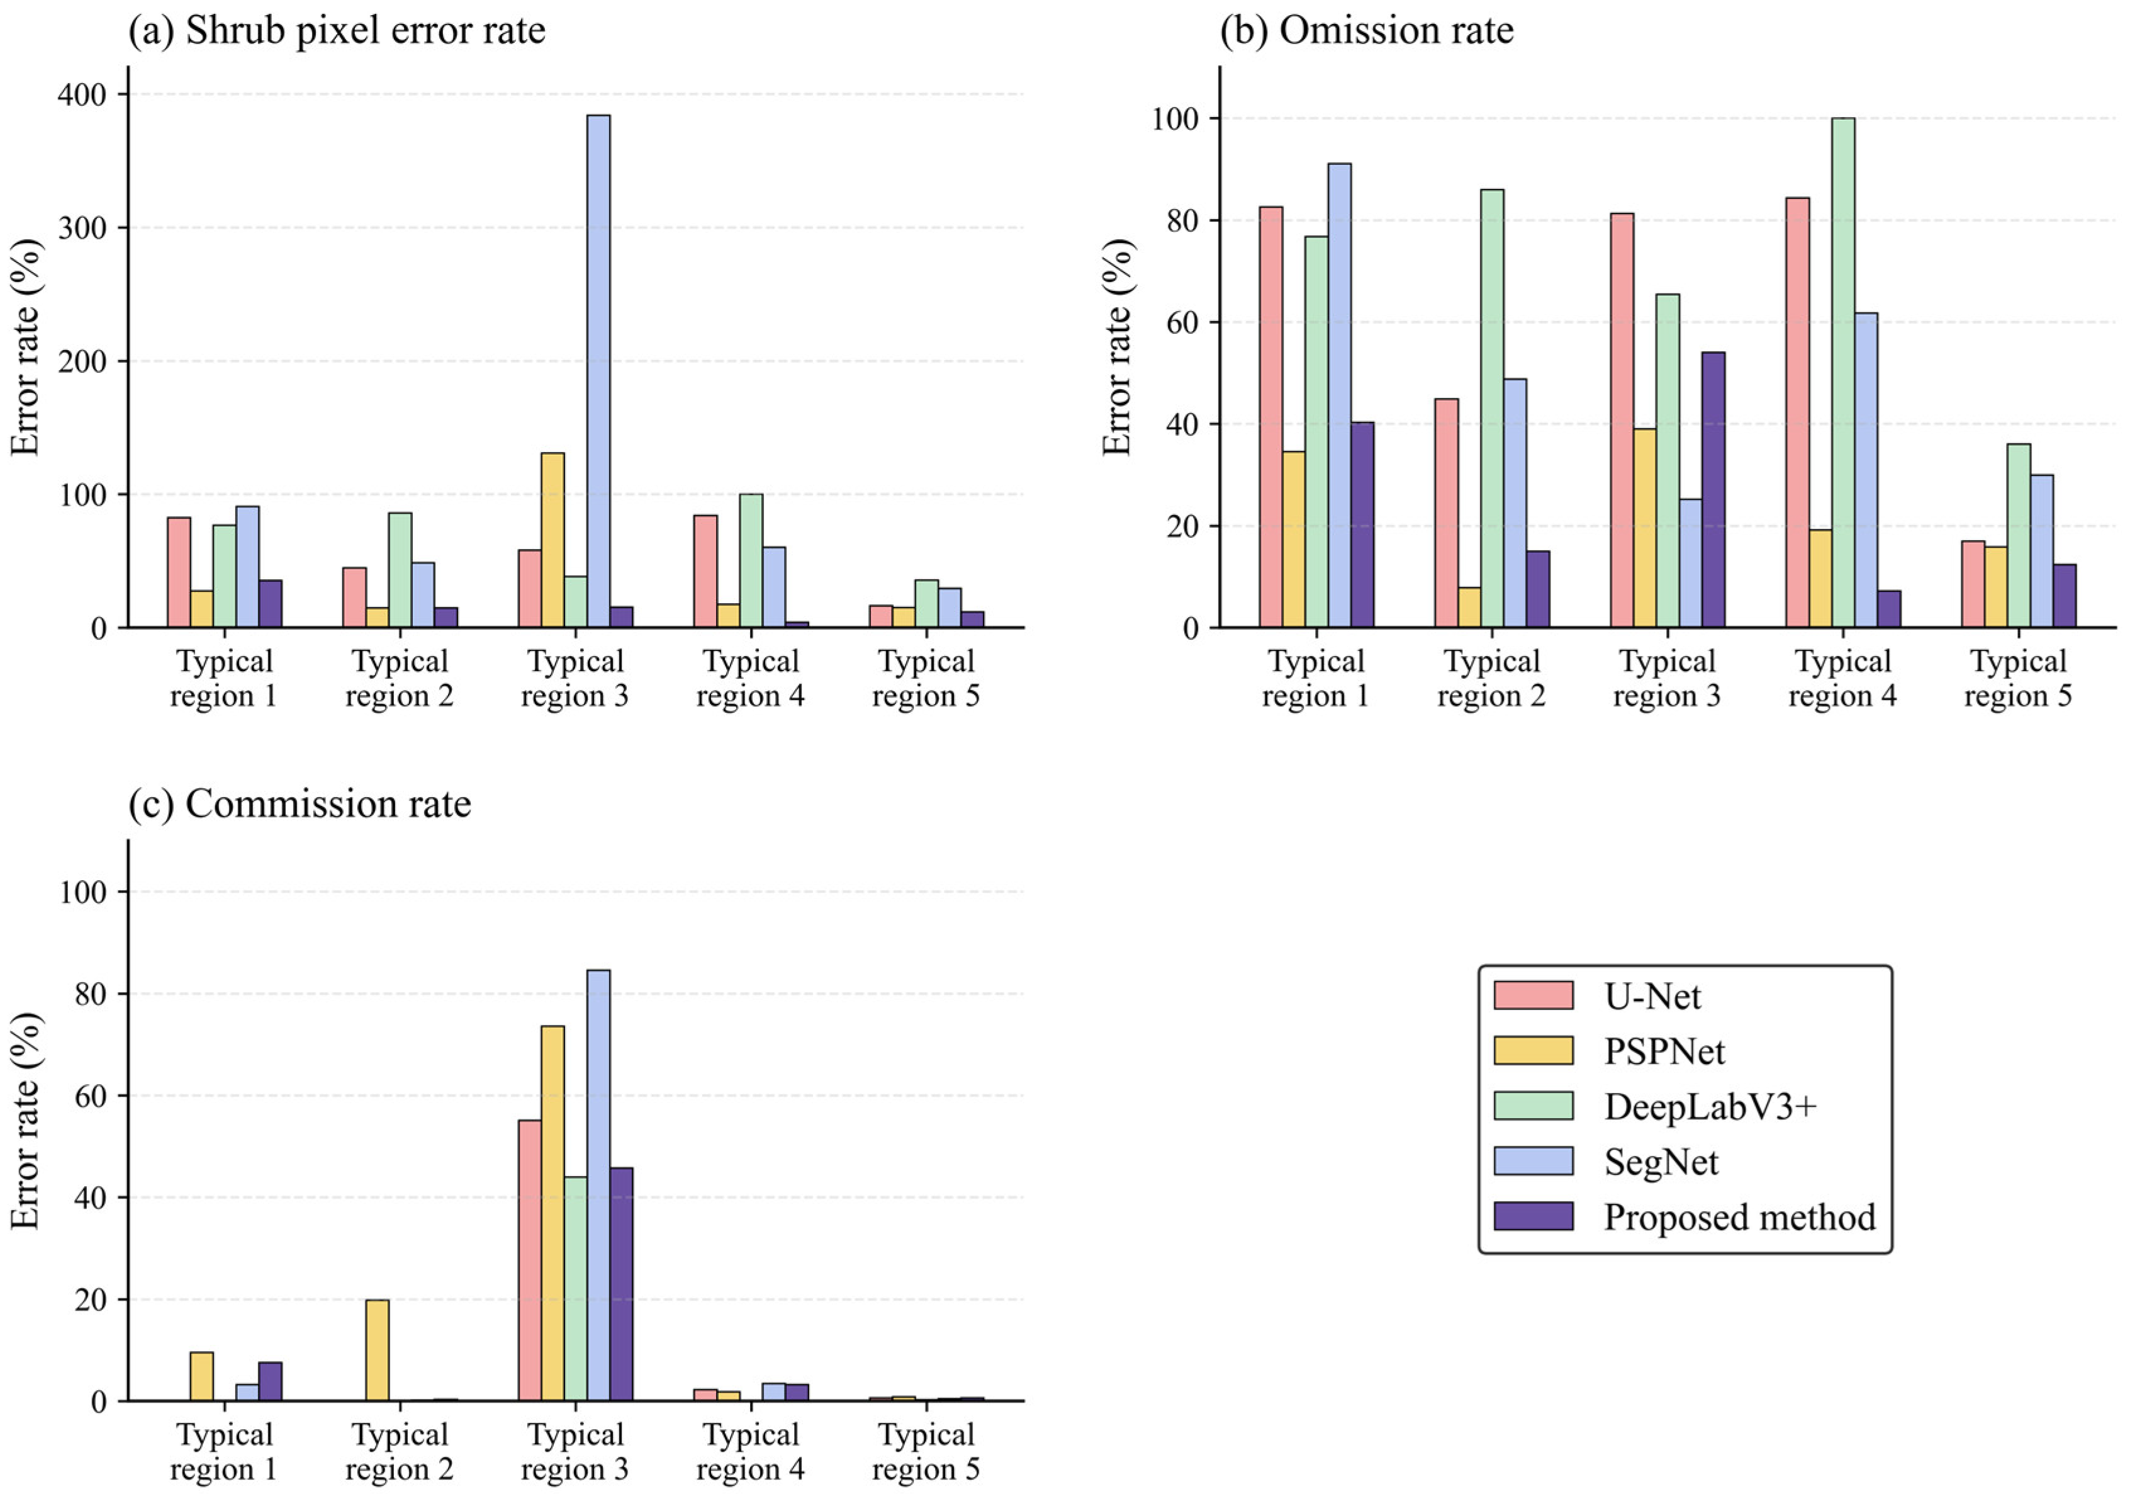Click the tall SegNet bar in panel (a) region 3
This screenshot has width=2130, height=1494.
click(x=598, y=371)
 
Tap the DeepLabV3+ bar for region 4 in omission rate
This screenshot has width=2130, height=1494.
click(x=1843, y=373)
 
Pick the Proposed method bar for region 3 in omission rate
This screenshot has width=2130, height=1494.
click(x=1713, y=490)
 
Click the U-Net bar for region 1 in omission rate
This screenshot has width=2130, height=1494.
click(x=1271, y=417)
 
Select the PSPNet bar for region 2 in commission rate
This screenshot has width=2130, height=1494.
click(x=378, y=1350)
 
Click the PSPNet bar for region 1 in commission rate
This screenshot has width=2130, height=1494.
click(x=202, y=1377)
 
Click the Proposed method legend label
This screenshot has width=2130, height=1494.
click(x=1739, y=1216)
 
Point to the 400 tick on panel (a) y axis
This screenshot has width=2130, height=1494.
click(x=82, y=94)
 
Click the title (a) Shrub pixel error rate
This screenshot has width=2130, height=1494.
click(x=337, y=31)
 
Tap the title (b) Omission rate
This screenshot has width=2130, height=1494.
click(x=1367, y=31)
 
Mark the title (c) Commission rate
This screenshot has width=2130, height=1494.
click(x=300, y=803)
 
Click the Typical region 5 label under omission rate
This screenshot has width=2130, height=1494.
click(x=2019, y=678)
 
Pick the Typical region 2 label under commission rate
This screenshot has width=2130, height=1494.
click(x=400, y=1451)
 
